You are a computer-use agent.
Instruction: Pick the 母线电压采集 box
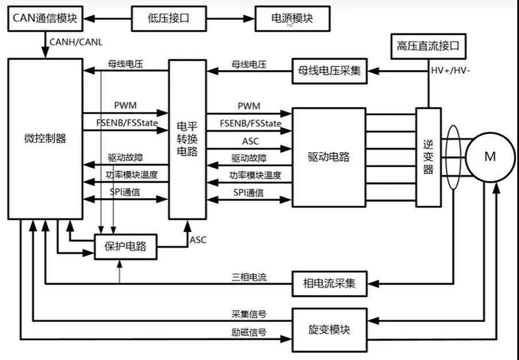pos(329,71)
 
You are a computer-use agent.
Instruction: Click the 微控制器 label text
pos(45,138)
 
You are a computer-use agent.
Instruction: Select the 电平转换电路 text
pos(187,140)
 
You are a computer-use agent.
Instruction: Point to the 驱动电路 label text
pos(329,156)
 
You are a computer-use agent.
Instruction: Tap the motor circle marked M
pos(489,157)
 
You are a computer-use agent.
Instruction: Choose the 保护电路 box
pos(125,247)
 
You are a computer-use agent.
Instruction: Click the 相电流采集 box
pos(329,283)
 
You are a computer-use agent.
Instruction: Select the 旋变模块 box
pos(329,330)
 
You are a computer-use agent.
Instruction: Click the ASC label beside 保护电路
pos(198,240)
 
